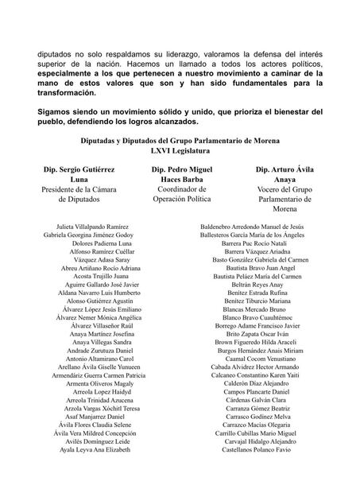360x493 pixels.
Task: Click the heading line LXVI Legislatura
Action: pyautogui.click(x=180, y=149)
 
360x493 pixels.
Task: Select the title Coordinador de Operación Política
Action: pyautogui.click(x=180, y=195)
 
